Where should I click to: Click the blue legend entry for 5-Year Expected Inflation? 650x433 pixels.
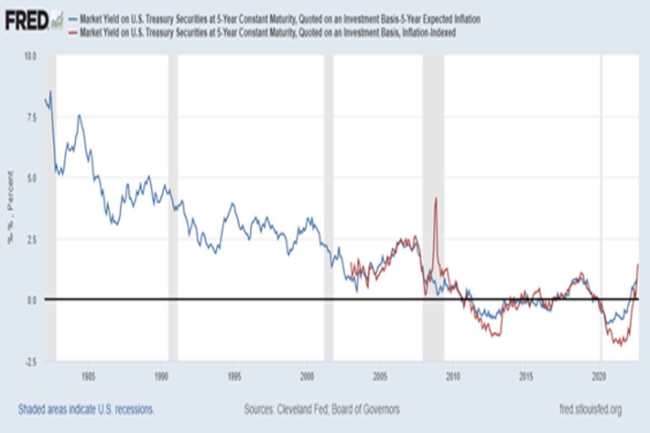[279, 19]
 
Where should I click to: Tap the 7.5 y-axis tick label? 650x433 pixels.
[31, 117]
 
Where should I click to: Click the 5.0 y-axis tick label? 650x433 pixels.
[31, 178]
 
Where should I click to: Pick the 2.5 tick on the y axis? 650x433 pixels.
[31, 239]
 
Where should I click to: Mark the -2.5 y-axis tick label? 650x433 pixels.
[30, 361]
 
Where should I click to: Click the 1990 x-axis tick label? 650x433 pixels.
[160, 375]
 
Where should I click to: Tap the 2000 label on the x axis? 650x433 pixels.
[307, 375]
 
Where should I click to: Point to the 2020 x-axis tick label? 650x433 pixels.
[600, 375]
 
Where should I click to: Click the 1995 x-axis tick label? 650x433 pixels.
[233, 375]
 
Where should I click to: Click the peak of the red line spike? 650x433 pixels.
[436, 198]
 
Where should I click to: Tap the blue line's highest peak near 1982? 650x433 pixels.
[50, 91]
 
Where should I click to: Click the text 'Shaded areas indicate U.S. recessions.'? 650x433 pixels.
[86, 410]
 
